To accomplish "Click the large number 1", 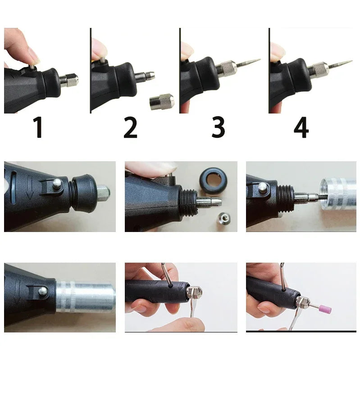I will (38, 128).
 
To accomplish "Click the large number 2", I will (130, 128).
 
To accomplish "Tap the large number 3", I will (218, 128).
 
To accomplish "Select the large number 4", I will (301, 128).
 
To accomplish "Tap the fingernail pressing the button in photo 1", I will (33, 56).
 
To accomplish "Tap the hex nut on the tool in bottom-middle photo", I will (197, 293).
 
